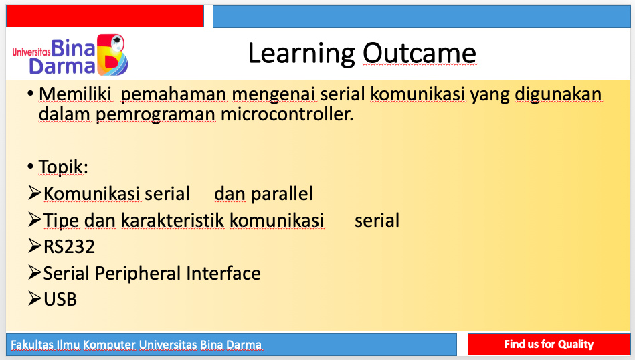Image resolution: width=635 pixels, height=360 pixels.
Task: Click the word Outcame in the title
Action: tap(419, 53)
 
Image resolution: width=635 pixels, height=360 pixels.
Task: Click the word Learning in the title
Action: tap(302, 54)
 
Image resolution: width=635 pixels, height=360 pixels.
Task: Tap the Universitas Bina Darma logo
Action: tap(70, 55)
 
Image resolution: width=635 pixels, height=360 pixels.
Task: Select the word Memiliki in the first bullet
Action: tap(75, 94)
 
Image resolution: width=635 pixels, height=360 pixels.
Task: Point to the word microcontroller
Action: tap(287, 114)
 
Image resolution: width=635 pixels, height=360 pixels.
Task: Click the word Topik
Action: tap(63, 167)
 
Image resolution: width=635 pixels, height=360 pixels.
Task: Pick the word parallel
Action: tap(282, 193)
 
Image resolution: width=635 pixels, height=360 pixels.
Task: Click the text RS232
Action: tap(69, 247)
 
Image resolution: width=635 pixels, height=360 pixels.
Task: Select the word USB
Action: tap(60, 300)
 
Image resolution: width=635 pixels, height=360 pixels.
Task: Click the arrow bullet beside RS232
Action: tap(35, 246)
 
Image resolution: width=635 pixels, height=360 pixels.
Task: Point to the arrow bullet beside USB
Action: tap(35, 299)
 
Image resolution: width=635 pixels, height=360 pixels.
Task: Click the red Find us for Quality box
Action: tap(549, 344)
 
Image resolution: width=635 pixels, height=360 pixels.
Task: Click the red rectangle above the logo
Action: tap(105, 16)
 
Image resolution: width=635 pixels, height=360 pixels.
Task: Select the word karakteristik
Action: tap(173, 221)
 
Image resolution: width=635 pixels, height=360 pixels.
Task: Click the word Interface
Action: tap(223, 273)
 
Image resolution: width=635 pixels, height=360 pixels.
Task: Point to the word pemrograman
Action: tap(155, 115)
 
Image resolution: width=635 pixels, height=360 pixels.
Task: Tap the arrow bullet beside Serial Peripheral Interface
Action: tap(35, 272)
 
